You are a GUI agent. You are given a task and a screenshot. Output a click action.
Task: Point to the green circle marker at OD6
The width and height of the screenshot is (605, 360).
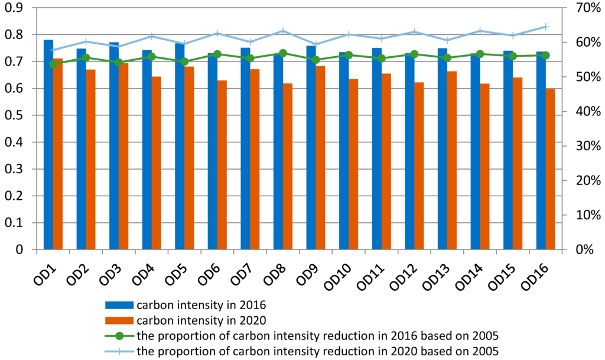(217, 54)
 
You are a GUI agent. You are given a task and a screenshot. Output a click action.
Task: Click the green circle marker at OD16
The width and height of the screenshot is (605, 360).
(546, 55)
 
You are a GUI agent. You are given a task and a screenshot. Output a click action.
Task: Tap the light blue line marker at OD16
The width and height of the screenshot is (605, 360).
(546, 27)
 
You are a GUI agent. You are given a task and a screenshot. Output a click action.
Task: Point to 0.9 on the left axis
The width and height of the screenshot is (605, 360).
(15, 8)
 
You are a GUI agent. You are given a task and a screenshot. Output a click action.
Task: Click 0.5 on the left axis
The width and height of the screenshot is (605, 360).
(15, 116)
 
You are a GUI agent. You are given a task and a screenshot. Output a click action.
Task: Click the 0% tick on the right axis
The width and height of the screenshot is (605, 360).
(580, 250)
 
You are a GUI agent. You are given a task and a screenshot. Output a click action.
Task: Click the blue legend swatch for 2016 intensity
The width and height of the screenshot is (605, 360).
(119, 306)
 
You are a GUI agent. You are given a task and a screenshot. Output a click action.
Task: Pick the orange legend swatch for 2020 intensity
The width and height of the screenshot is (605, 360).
(119, 321)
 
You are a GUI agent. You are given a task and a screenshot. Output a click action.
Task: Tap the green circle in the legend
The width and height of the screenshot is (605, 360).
(119, 336)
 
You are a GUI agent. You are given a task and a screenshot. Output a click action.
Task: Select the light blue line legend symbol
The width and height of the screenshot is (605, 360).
(119, 352)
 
